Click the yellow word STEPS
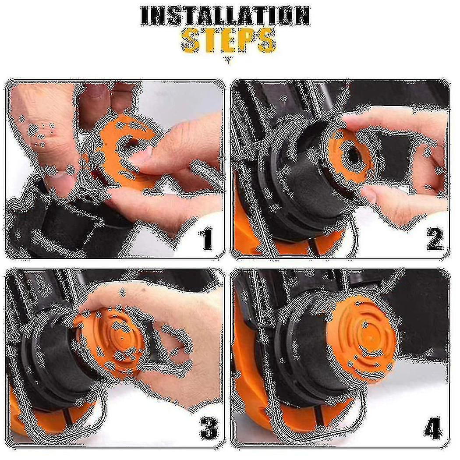[229, 41]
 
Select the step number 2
[434, 239]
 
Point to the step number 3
[209, 428]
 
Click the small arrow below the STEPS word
[228, 60]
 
